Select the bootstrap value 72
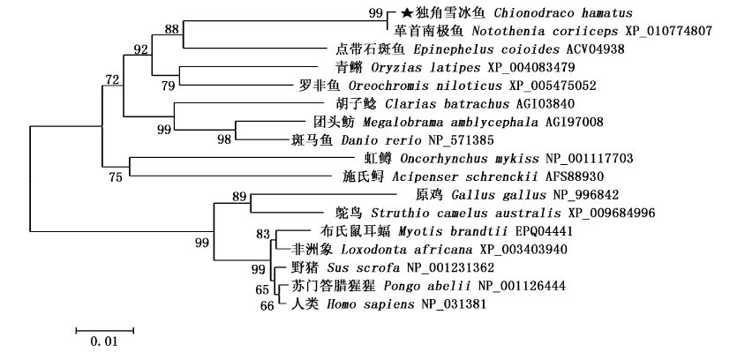click(112, 80)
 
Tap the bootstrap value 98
click(224, 140)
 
